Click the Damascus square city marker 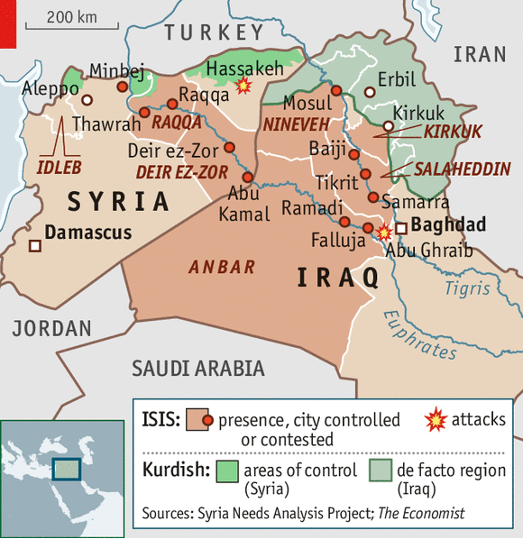pyautogui.click(x=34, y=245)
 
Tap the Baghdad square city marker pyautogui.click(x=401, y=228)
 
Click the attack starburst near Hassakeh pyautogui.click(x=242, y=86)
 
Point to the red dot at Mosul pyautogui.click(x=335, y=90)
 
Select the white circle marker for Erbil pyautogui.click(x=369, y=91)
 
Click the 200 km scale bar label pyautogui.click(x=71, y=16)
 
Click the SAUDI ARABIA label pyautogui.click(x=198, y=368)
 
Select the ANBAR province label pyautogui.click(x=222, y=267)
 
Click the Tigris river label pyautogui.click(x=467, y=288)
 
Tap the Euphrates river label pyautogui.click(x=419, y=334)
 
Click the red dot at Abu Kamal pyautogui.click(x=247, y=176)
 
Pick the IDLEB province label pyautogui.click(x=60, y=167)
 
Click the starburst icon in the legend pyautogui.click(x=436, y=419)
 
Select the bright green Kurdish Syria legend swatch pyautogui.click(x=228, y=470)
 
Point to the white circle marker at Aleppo pyautogui.click(x=87, y=100)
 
